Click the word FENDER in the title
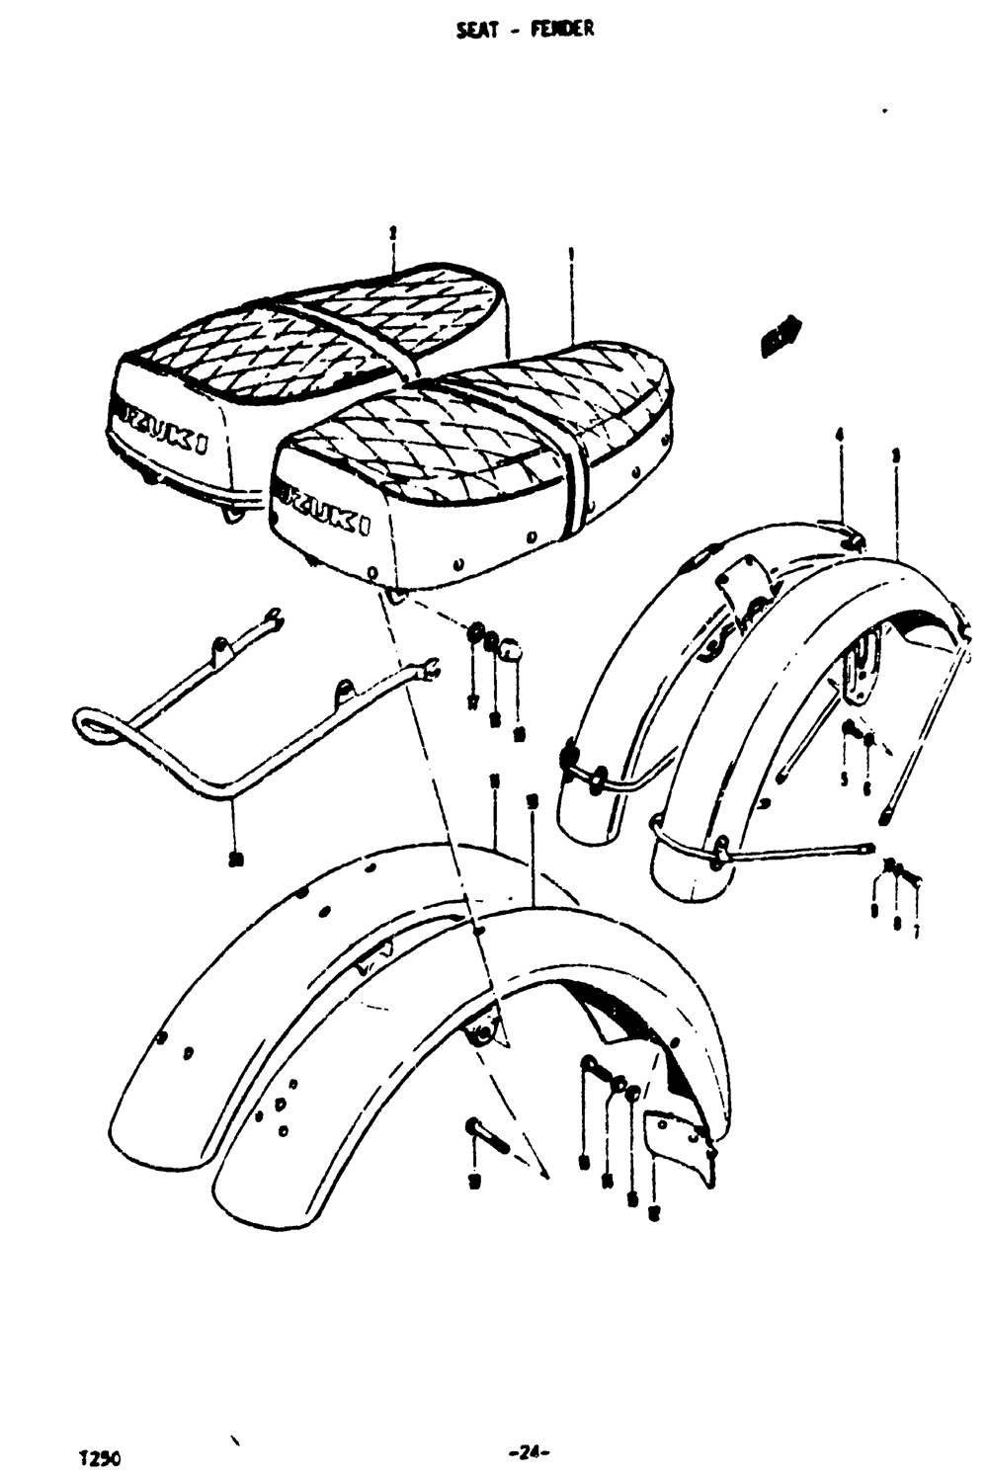click(x=562, y=29)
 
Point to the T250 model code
click(x=99, y=1458)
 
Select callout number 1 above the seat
click(x=571, y=254)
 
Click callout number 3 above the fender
click(x=894, y=455)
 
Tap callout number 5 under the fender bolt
click(x=844, y=779)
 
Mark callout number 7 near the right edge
click(x=916, y=931)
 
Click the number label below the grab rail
click(x=234, y=859)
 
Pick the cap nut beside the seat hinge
click(x=510, y=650)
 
